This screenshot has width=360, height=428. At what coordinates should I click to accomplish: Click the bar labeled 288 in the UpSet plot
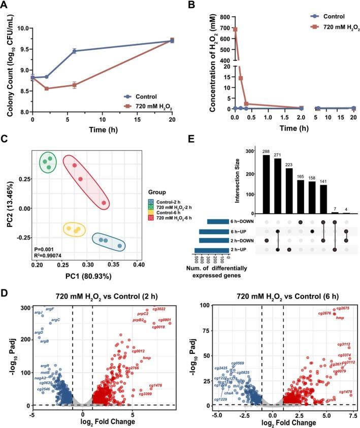click(266, 185)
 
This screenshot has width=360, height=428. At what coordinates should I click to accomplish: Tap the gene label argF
click(50, 309)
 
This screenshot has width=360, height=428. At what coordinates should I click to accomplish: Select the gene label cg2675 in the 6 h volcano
click(342, 308)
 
